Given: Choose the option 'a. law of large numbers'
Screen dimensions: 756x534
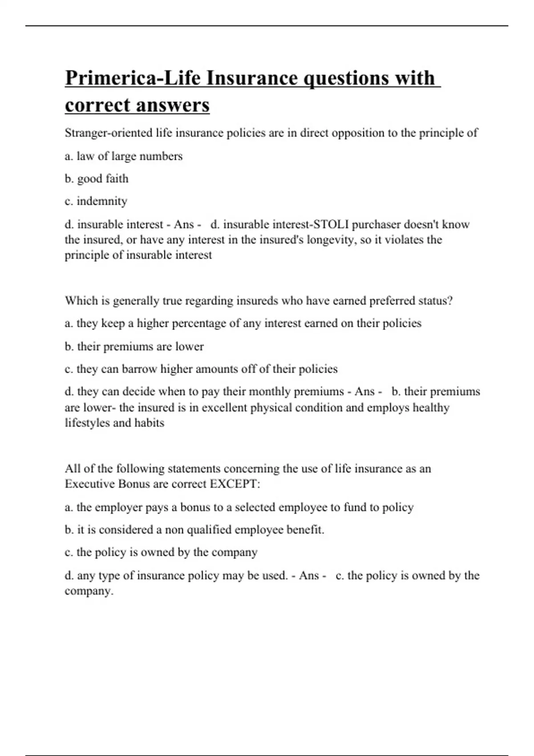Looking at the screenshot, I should tap(124, 156).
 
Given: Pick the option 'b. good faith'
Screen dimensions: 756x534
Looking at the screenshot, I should tap(97, 179).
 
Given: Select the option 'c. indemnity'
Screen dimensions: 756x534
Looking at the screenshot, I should tap(96, 201).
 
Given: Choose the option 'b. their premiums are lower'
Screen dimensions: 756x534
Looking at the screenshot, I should tap(134, 347).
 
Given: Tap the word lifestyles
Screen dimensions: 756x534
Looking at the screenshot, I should tap(87, 423).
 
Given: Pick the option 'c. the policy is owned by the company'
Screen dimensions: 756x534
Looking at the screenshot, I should tap(161, 552).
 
